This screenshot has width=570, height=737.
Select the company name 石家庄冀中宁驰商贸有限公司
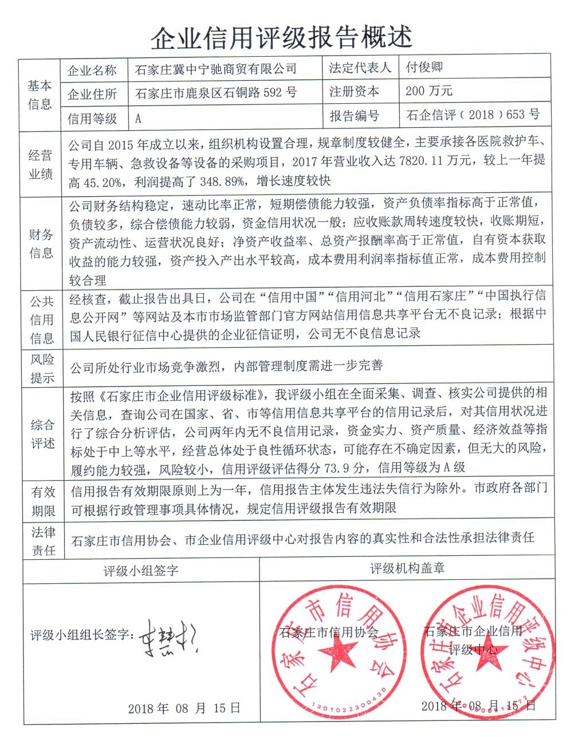tap(216, 69)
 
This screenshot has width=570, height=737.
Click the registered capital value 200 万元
tap(429, 91)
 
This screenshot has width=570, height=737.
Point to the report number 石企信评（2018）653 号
tap(473, 115)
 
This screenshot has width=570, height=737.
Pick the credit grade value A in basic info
tap(138, 119)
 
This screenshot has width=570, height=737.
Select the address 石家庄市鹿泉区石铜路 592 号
tap(216, 93)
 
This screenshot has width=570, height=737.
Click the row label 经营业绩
tap(41, 164)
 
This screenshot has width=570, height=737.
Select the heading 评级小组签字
tap(140, 570)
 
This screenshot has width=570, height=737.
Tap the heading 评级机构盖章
tap(407, 568)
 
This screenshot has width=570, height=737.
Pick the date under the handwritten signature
tap(184, 708)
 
